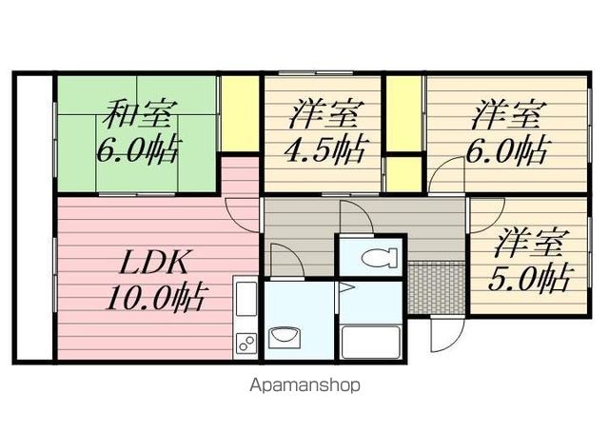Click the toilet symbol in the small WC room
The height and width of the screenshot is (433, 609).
coord(380,258)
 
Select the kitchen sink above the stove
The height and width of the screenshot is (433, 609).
coord(246,299)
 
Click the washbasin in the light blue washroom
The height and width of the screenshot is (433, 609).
coord(285,336)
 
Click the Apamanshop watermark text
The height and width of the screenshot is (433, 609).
coord(305,385)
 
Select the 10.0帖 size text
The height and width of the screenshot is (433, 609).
coord(155,299)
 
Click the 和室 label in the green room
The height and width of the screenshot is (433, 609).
coord(140,114)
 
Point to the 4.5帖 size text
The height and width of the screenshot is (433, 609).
coord(325,149)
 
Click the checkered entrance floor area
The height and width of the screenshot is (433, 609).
coord(437,288)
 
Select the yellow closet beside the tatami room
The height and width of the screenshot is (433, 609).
coord(240,113)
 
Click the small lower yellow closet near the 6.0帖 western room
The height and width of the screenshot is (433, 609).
coord(403,174)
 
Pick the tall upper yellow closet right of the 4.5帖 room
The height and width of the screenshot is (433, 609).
coord(403,113)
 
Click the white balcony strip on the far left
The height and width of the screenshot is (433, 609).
coord(35,217)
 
